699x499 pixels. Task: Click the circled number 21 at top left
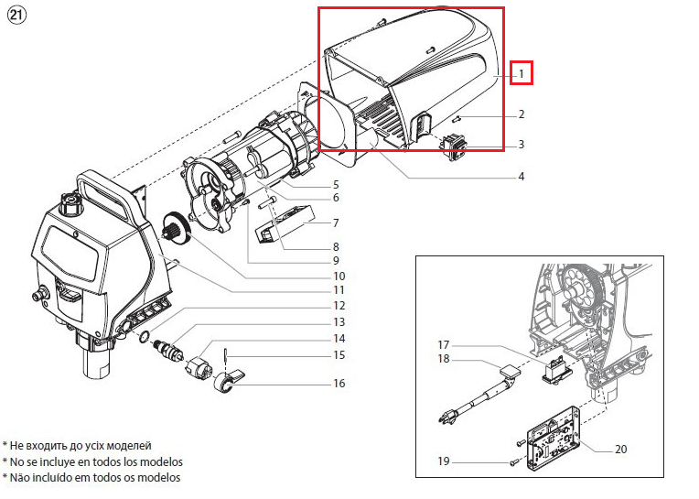17,16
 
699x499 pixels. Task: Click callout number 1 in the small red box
522,73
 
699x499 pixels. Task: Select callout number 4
522,177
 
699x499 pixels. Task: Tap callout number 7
336,222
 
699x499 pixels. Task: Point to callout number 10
339,276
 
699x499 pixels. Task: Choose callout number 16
339,383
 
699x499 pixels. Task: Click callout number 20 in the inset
620,449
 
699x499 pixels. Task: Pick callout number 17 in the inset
443,344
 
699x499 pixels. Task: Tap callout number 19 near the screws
443,461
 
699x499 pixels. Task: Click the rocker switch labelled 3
454,147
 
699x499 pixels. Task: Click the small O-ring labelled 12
145,336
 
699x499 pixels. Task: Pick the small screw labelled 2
455,119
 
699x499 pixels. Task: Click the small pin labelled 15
227,355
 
